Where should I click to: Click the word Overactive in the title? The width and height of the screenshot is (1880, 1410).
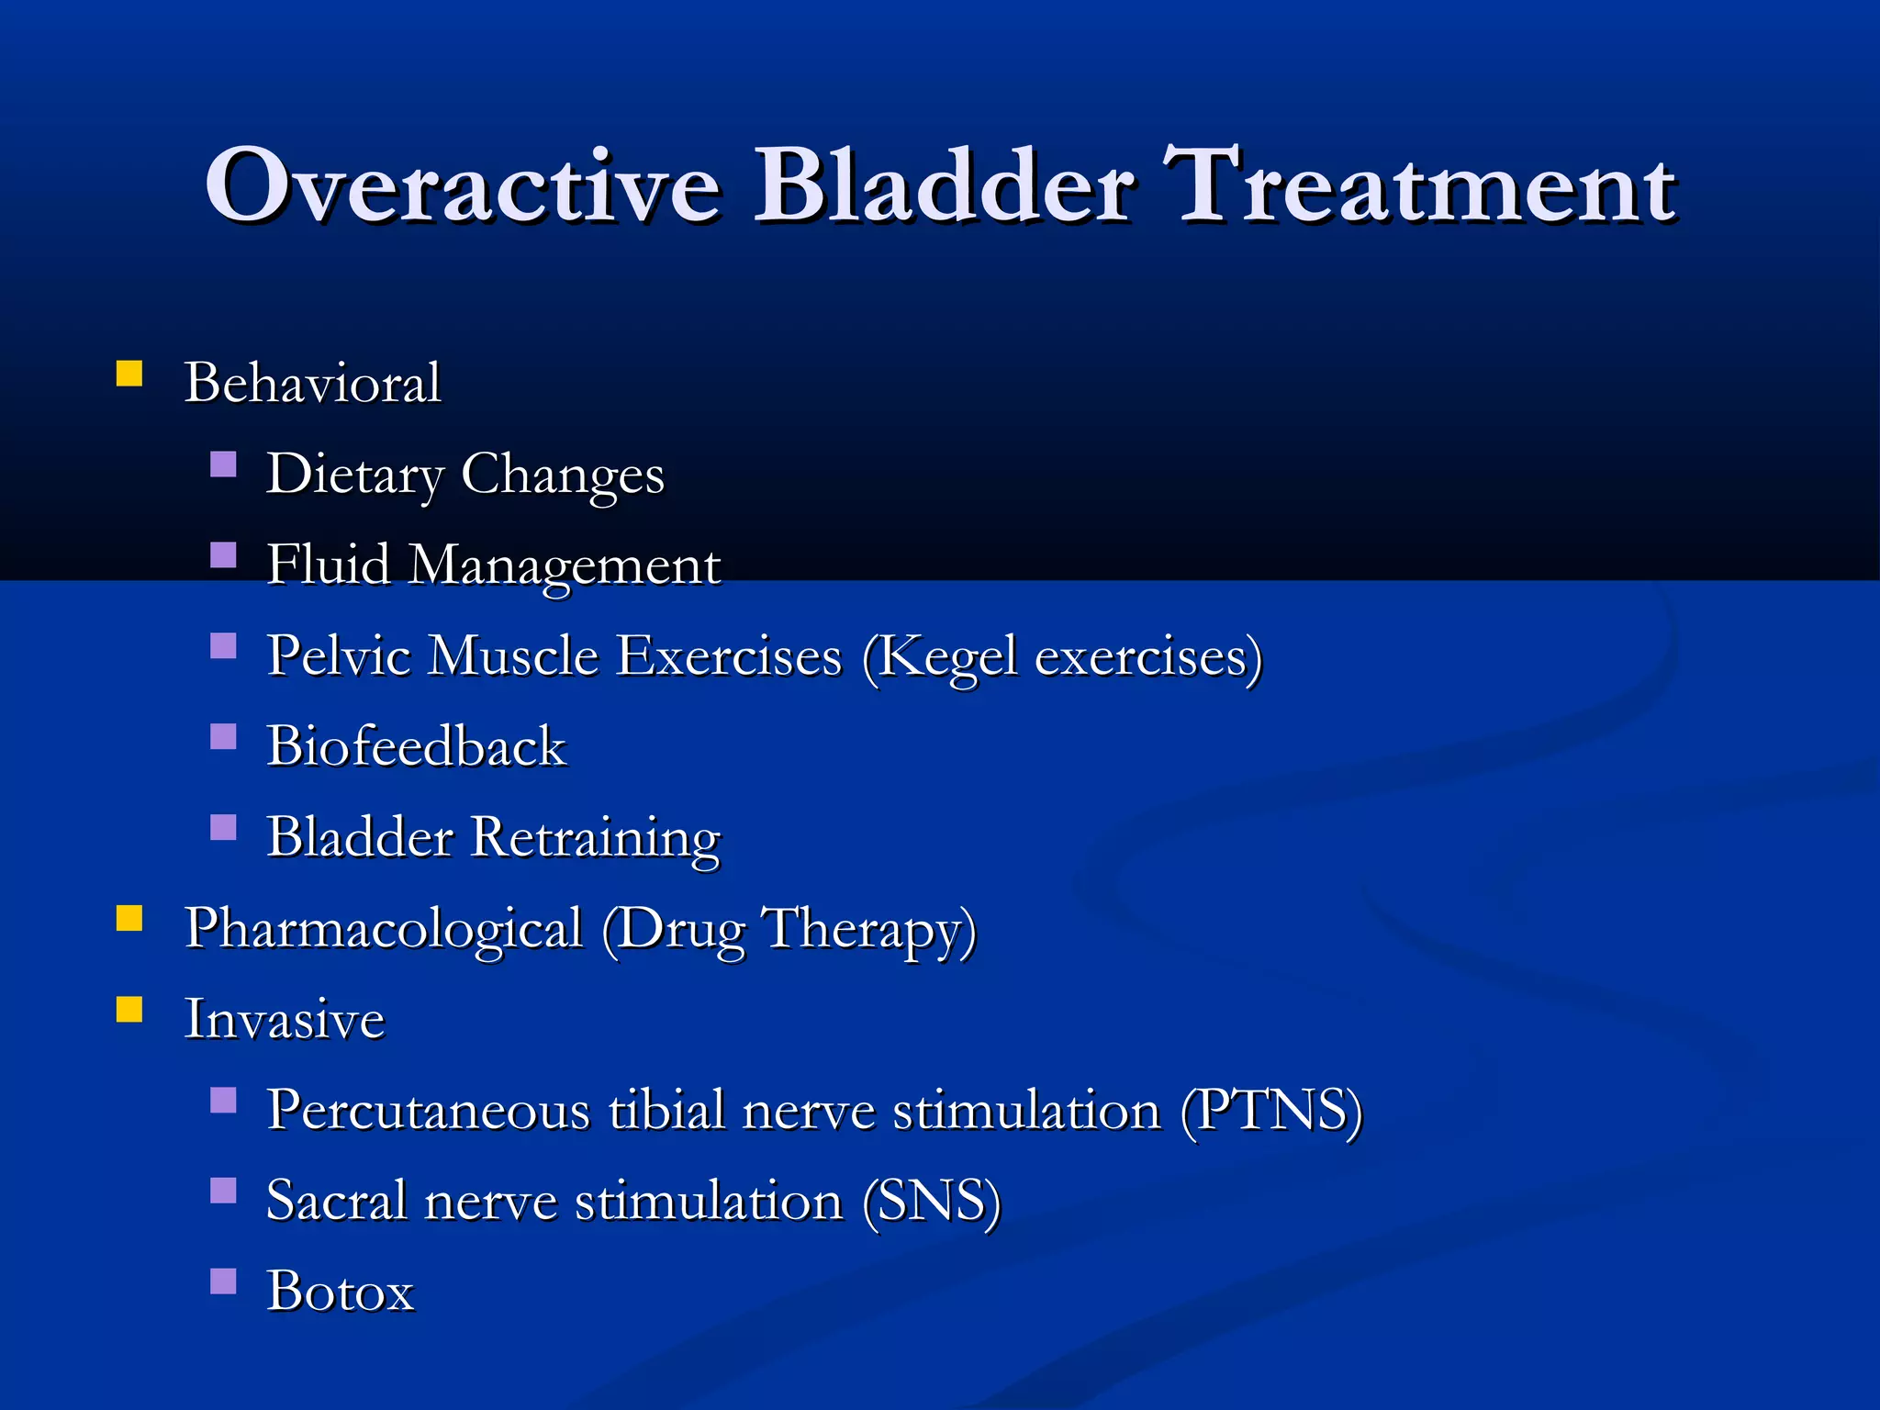click(x=462, y=186)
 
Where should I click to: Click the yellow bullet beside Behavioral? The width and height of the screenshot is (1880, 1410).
click(x=129, y=374)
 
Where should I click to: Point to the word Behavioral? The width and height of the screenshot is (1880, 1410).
click(x=312, y=383)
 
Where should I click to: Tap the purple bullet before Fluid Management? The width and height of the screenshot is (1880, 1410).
click(x=223, y=555)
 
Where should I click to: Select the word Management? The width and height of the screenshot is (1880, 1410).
click(x=565, y=565)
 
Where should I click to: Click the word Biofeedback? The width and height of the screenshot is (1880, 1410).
click(x=416, y=746)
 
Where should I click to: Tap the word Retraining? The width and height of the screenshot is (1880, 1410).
click(x=596, y=837)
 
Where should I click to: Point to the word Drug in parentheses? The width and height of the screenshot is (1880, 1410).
click(x=679, y=929)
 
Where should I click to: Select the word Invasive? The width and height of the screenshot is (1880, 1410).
click(x=285, y=1019)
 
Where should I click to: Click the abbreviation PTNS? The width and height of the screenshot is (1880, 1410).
click(x=1271, y=1111)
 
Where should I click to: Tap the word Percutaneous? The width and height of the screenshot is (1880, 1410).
click(x=428, y=1111)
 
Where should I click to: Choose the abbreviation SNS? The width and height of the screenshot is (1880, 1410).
click(x=933, y=1202)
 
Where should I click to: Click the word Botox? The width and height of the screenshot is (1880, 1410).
click(x=341, y=1292)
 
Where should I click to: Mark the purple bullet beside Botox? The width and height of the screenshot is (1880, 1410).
click(x=223, y=1281)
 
